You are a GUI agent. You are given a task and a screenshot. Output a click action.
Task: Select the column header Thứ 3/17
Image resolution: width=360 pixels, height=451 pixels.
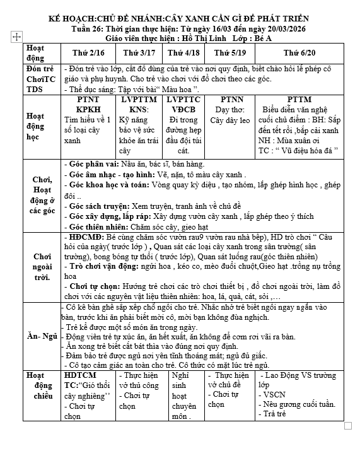136,52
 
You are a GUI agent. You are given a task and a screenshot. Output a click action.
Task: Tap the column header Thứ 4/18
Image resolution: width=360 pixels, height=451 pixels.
183,52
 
